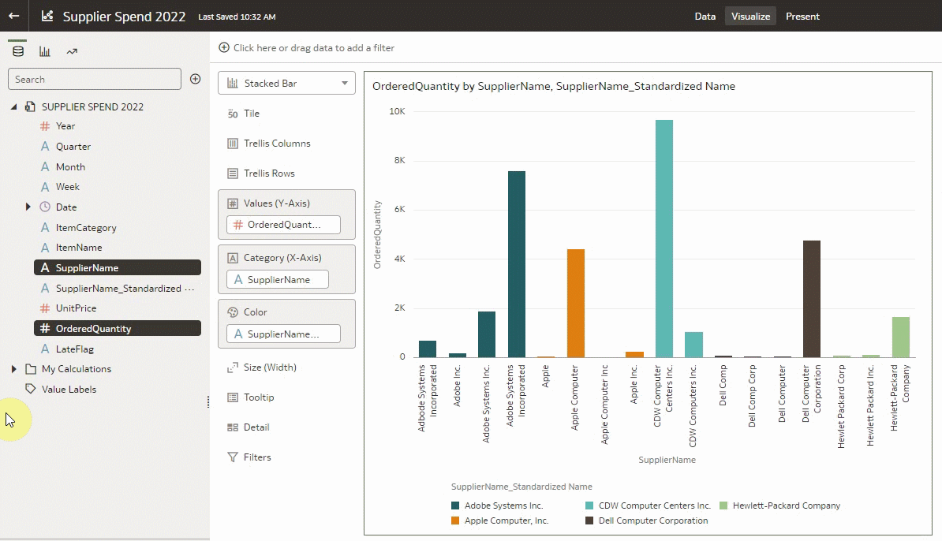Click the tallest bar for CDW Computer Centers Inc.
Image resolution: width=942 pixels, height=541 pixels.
tap(664, 238)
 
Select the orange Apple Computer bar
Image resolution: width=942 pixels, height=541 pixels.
tap(575, 303)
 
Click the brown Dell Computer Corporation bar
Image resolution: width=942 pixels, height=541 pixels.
tap(811, 299)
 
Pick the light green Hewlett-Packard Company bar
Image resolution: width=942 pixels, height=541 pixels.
tap(900, 337)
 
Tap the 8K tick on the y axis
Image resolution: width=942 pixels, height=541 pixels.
tap(397, 161)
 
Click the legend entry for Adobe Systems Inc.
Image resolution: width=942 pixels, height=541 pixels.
tap(503, 506)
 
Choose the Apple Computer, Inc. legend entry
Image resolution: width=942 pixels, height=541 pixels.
tap(506, 520)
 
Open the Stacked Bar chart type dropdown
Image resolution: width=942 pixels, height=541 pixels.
tap(286, 83)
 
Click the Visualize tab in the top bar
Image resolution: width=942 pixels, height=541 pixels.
tap(750, 17)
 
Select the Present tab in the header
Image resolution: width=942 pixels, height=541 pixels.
tap(802, 17)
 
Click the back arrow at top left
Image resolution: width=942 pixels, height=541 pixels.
tap(13, 16)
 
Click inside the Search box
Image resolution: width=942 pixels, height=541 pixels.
tap(95, 79)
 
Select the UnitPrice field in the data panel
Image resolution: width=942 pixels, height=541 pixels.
tap(76, 308)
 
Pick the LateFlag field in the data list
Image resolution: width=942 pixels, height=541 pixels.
tap(74, 349)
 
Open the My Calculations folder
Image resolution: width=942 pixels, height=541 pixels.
tap(76, 369)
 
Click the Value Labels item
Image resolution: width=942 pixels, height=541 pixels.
tap(69, 390)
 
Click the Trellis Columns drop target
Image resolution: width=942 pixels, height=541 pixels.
tap(277, 144)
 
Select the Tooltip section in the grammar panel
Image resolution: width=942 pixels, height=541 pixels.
tap(259, 397)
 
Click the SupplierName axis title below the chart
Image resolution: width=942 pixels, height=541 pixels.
tap(667, 460)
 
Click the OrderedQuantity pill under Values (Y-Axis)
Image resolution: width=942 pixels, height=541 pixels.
tap(283, 225)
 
